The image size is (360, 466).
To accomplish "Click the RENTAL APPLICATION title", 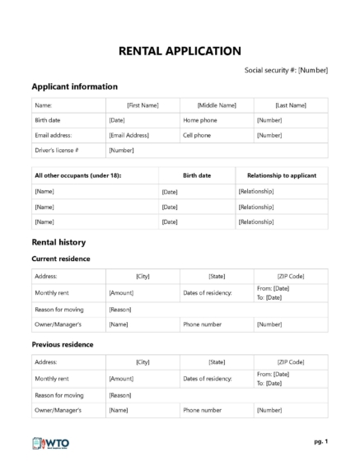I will pos(180,51).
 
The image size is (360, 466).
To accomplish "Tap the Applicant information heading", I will pos(74,86).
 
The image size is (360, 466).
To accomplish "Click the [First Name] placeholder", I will pos(143,105).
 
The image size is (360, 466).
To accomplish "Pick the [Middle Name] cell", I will pos(217,105).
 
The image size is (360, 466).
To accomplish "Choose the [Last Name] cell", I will pos(291,105).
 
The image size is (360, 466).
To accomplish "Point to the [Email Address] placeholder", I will pos(129,134).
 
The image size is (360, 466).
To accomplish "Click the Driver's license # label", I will pos(57,150).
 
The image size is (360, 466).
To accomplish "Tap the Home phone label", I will pos(201,120).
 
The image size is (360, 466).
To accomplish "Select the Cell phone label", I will pos(199,134).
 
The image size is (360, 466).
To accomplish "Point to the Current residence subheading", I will pos(60,259).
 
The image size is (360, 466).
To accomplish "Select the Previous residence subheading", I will pos(62,344).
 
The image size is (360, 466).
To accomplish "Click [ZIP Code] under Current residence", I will pos(291,277).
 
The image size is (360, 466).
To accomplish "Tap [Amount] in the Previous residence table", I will pos(121,378).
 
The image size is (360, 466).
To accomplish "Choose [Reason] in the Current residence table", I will pos(120,309).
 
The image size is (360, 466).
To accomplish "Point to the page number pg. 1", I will pos(320,442).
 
